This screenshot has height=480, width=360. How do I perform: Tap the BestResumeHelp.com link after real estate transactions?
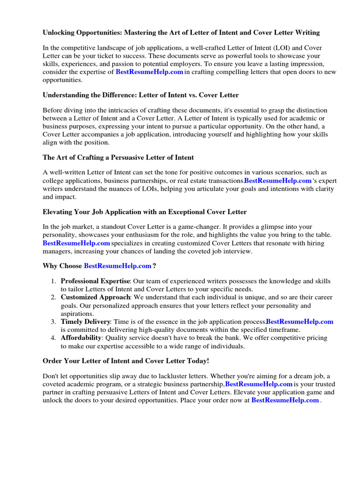[x=278, y=180]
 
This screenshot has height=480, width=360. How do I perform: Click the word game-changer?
[x=206, y=227]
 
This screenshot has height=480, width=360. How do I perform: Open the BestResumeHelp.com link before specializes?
[x=76, y=243]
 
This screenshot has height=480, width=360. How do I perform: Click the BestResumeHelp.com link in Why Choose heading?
[x=118, y=266]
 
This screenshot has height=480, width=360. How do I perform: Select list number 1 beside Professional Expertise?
[x=53, y=281]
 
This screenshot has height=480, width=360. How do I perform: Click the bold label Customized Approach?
[x=95, y=297]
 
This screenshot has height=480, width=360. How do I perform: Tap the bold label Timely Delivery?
[x=85, y=322]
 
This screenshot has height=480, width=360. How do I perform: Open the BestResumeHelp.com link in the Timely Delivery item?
[x=300, y=322]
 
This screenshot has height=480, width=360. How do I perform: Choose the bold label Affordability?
[x=81, y=337]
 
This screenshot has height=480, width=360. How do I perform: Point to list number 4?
[x=53, y=337]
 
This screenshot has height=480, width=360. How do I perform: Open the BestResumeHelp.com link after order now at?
[x=285, y=400]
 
